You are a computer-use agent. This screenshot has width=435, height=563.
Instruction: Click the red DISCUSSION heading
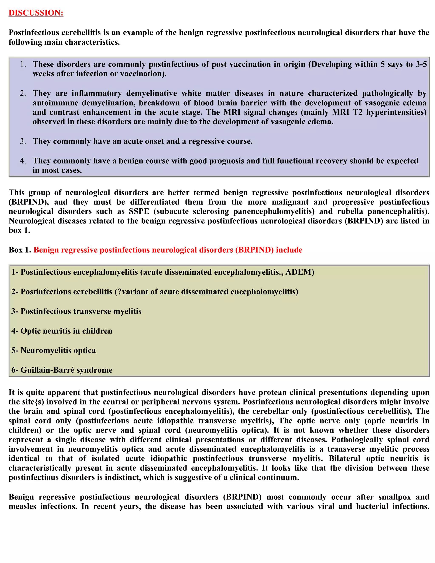click(36, 13)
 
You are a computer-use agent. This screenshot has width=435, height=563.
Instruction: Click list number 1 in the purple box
click(23, 64)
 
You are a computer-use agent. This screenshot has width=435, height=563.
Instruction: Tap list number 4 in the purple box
click(23, 161)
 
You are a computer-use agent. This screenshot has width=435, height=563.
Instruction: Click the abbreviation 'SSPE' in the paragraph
click(139, 211)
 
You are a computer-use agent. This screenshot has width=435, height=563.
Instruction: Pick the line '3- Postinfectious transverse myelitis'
click(76, 311)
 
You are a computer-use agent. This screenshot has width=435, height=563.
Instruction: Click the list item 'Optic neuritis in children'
click(66, 331)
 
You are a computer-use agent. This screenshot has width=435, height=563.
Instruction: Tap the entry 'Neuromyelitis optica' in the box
click(58, 351)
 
